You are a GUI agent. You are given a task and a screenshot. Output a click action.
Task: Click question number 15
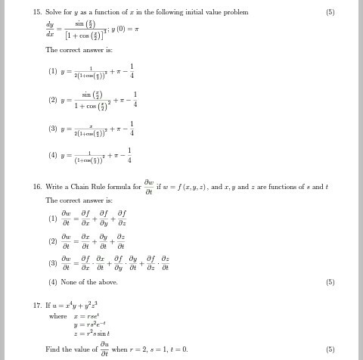coord(37,12)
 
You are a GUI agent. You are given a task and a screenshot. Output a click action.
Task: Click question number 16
coord(37,187)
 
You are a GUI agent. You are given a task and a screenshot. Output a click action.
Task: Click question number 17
coord(37,305)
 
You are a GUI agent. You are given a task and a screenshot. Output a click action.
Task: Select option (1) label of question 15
coord(53,71)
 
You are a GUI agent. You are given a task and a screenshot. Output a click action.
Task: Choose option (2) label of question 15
coord(53,100)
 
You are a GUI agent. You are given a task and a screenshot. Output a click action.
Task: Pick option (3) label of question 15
coord(53,129)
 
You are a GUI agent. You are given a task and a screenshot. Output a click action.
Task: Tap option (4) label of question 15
coord(53,156)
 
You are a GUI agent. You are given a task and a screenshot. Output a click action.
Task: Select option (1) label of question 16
coord(53,219)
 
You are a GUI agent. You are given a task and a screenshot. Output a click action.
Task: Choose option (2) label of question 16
coord(53,242)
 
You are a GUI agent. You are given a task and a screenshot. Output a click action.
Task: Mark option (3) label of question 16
coord(53,264)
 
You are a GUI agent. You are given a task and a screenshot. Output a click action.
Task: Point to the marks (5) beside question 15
coord(330,12)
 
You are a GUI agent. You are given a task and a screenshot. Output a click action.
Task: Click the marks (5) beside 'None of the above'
coord(330,282)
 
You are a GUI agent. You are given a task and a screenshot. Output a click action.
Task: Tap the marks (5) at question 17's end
coord(330,349)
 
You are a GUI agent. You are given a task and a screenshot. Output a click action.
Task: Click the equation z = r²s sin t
coord(93,333)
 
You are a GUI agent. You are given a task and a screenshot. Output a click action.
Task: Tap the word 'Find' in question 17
coord(53,349)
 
